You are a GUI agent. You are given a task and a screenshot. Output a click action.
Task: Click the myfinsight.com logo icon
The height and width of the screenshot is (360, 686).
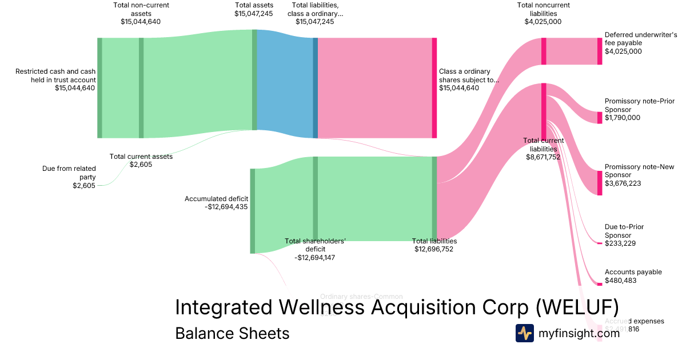524,333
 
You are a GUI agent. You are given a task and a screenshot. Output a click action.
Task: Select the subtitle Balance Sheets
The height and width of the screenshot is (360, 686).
232,333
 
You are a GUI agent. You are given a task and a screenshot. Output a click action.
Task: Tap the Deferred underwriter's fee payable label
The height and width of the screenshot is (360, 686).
640,39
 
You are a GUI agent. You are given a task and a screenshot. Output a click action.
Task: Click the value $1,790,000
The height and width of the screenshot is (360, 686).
623,118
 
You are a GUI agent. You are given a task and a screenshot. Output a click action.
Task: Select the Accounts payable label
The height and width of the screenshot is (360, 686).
633,272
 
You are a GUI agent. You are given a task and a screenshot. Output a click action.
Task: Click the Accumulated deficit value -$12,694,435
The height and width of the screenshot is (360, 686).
226,207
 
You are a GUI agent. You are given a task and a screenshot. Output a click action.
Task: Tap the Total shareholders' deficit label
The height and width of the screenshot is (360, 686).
315,245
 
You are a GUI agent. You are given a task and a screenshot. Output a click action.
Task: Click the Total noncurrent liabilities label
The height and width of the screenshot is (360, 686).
543,9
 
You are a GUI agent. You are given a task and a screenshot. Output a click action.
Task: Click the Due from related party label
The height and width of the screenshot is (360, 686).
69,173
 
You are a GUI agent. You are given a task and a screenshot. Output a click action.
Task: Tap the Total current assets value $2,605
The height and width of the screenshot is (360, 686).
141,165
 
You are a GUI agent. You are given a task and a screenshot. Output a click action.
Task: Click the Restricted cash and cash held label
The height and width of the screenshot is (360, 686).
55,75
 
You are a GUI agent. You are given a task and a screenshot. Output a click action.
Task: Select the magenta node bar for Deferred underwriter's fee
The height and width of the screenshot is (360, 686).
600,51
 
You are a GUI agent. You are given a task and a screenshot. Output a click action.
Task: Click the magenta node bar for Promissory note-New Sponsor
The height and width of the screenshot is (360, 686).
600,183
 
